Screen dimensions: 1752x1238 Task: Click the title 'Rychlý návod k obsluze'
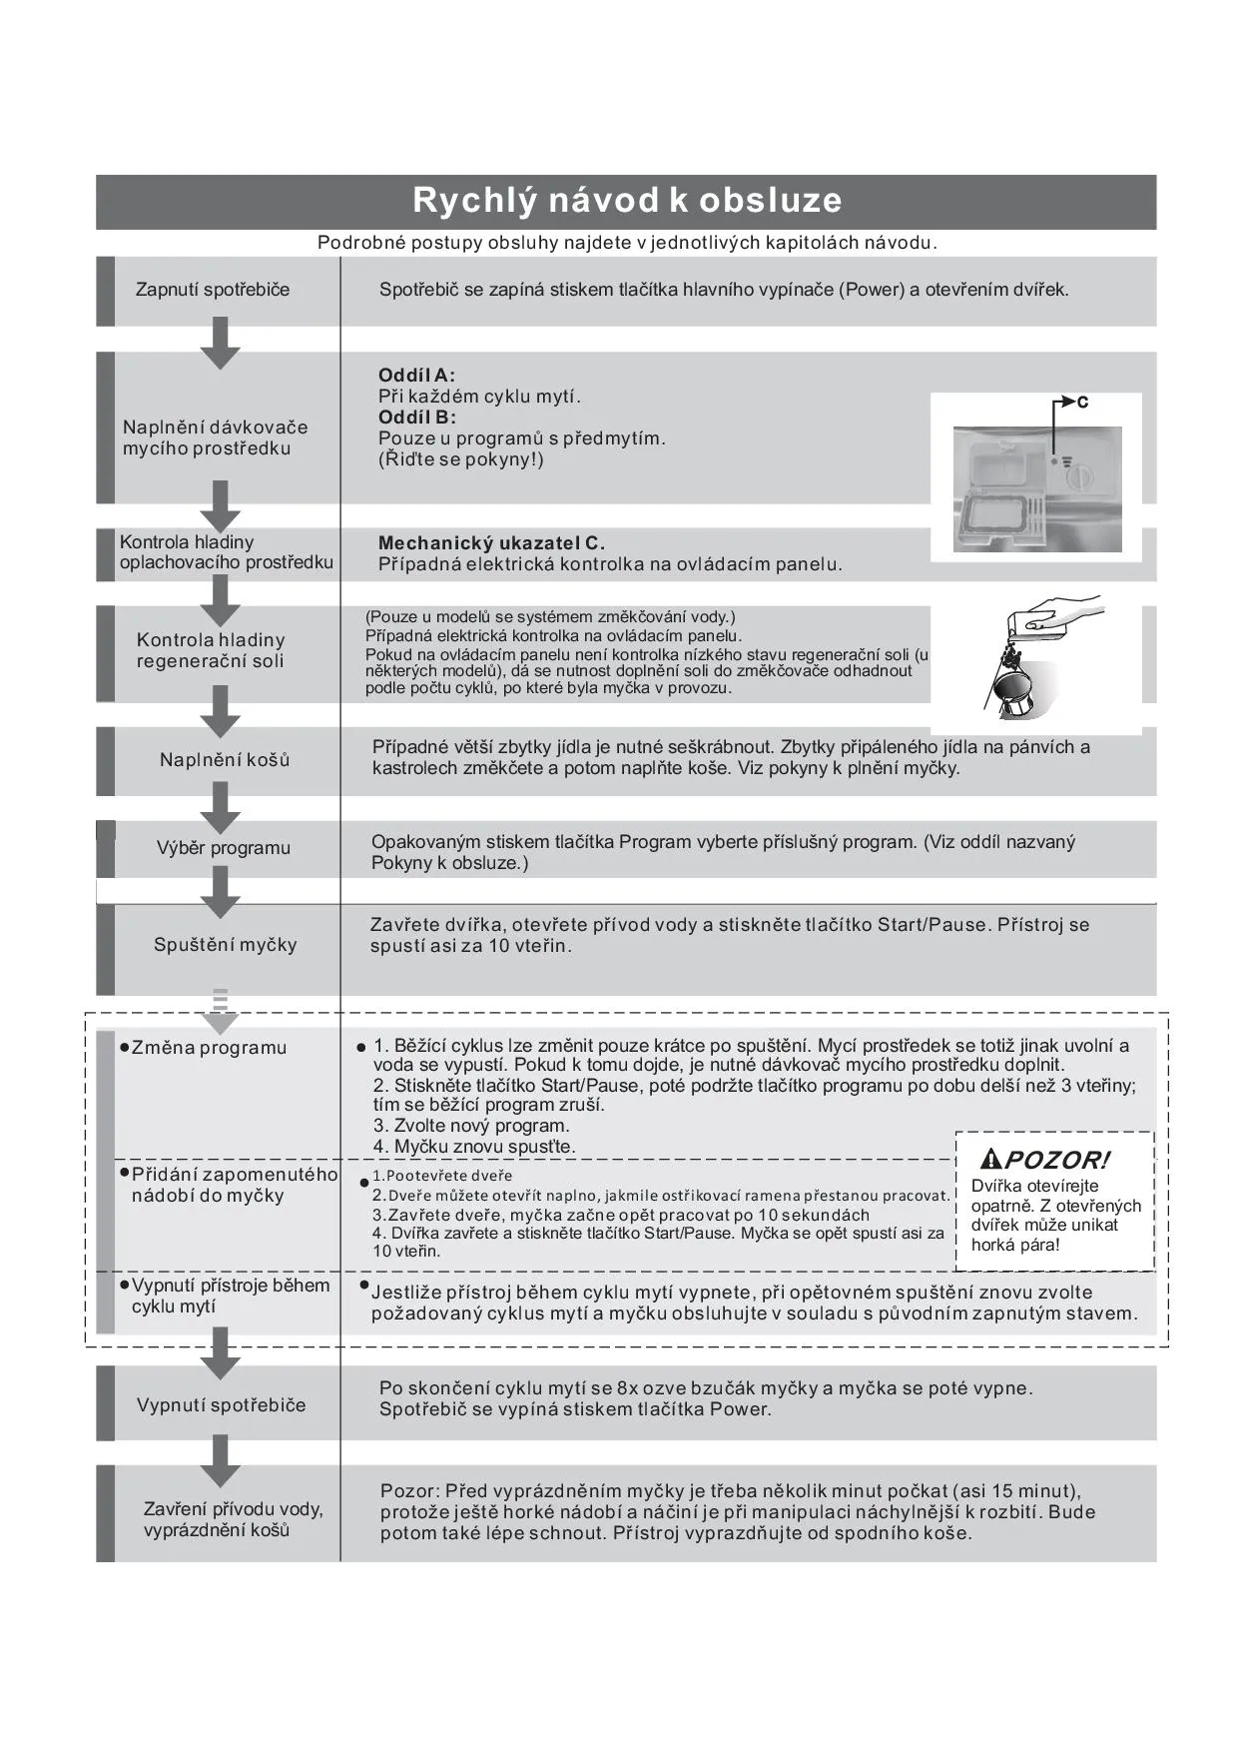pos(627,201)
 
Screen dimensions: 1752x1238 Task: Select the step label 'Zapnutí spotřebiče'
pos(213,290)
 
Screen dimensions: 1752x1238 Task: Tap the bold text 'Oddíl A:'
pos(416,376)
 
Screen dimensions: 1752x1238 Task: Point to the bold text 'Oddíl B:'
pos(416,418)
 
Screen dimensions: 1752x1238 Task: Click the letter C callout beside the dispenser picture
pos(1082,403)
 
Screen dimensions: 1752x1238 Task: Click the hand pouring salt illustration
pos(1038,659)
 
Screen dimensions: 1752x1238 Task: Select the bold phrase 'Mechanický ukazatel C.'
pos(491,543)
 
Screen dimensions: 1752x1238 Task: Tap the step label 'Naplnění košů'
pos(225,760)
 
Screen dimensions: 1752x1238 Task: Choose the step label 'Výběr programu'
pos(224,848)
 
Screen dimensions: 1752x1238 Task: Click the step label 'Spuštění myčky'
pos(226,945)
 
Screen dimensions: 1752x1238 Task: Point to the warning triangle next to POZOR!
pos(990,1160)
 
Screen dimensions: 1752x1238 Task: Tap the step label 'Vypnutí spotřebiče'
pos(222,1405)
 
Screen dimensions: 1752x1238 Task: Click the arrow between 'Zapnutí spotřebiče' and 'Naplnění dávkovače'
pos(221,343)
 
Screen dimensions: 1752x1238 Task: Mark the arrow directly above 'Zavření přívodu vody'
pos(221,1462)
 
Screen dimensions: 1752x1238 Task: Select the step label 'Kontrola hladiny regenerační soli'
pos(211,650)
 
